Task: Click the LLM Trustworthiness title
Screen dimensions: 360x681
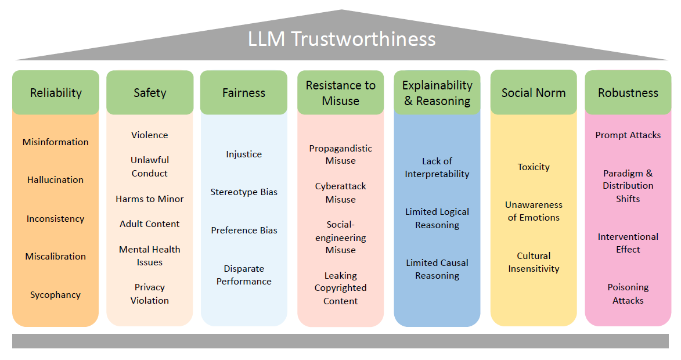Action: [x=341, y=39]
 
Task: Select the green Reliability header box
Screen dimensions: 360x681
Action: [x=56, y=92]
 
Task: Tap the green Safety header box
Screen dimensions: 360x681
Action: [x=150, y=92]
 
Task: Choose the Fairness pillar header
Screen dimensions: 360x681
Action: [x=244, y=92]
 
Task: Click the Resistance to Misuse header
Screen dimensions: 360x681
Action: [x=341, y=93]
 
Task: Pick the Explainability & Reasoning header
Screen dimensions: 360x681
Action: [x=437, y=93]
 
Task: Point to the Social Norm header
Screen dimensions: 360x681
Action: [x=534, y=92]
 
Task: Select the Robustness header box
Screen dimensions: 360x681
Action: [x=628, y=92]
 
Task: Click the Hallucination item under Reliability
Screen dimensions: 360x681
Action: [x=56, y=180]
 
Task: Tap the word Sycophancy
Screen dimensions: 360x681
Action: [x=56, y=295]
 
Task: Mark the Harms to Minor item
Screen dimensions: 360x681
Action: [x=150, y=199]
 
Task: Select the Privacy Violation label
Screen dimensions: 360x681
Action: [x=150, y=294]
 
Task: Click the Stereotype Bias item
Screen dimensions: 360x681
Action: [x=244, y=192]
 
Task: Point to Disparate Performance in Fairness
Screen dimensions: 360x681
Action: [x=244, y=275]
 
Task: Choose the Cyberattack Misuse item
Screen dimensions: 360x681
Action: [x=341, y=193]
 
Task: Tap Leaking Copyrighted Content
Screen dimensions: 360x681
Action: [x=341, y=288]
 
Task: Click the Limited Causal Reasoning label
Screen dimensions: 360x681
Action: [x=437, y=269]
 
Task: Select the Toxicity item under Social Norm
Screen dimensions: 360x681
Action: [x=534, y=167]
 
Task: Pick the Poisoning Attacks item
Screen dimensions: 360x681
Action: [x=628, y=294]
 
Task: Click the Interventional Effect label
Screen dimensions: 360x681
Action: [x=628, y=243]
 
